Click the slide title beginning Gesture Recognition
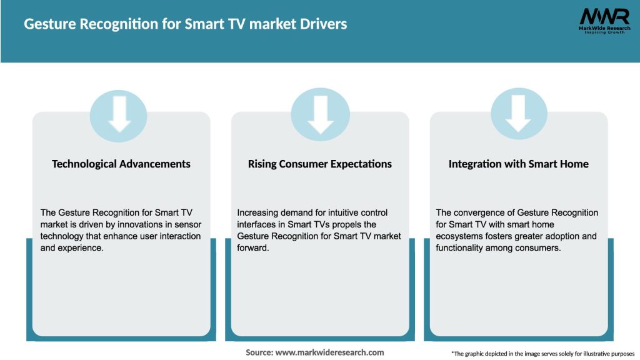[x=185, y=24]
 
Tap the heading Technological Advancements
[x=121, y=164]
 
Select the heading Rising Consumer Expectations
[x=320, y=164]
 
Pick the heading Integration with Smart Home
[x=519, y=164]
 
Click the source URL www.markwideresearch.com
[x=329, y=352]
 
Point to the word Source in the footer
[x=259, y=352]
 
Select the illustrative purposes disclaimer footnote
[x=542, y=354]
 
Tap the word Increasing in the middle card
[x=258, y=212]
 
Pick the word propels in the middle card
[x=362, y=224]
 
